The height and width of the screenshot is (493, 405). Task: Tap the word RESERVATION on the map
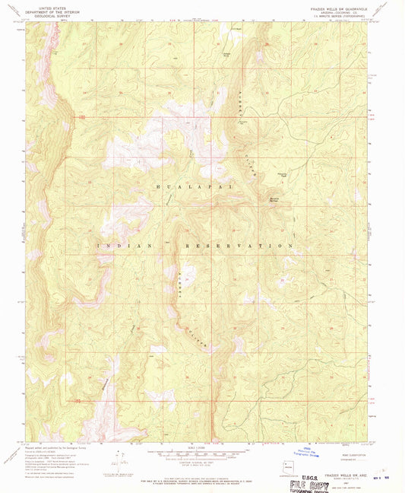239,247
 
